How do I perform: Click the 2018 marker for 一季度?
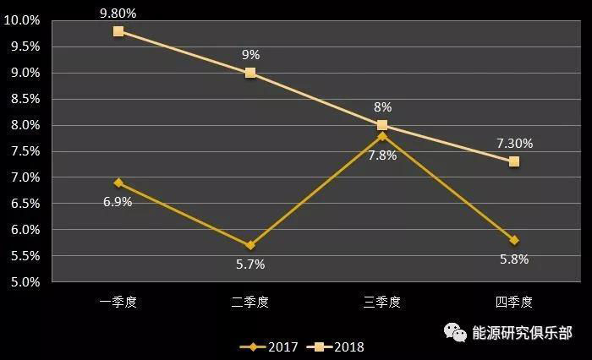[118, 31]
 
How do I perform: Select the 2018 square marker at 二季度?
[250, 73]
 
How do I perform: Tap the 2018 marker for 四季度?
[514, 161]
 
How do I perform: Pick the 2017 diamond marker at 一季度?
[118, 183]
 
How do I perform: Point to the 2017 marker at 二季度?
[250, 245]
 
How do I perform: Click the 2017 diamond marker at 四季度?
[514, 240]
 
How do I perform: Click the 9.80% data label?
[118, 13]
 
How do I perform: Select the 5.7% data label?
[250, 264]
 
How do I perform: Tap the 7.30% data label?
[514, 144]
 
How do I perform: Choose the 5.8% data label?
[514, 259]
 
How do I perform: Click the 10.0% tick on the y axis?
[23, 20]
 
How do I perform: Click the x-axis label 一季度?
[118, 301]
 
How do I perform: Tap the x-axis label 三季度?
[382, 301]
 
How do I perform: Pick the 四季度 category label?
[514, 301]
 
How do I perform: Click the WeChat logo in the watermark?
[457, 332]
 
